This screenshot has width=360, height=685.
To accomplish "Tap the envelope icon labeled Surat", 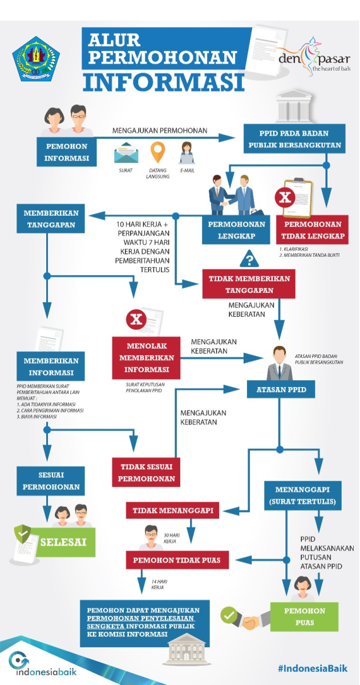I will [x=127, y=154].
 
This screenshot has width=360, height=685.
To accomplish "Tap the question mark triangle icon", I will [x=249, y=260].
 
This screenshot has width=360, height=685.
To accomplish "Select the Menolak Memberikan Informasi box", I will [x=146, y=358].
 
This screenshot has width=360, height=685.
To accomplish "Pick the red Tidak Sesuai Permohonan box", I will [x=146, y=472].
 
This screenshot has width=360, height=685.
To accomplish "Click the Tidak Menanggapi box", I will [x=173, y=510].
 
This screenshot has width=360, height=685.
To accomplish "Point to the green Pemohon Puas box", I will [x=305, y=617].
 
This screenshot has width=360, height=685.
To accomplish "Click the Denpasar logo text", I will [x=313, y=59].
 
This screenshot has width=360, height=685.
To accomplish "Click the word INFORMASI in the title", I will [x=164, y=80].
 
